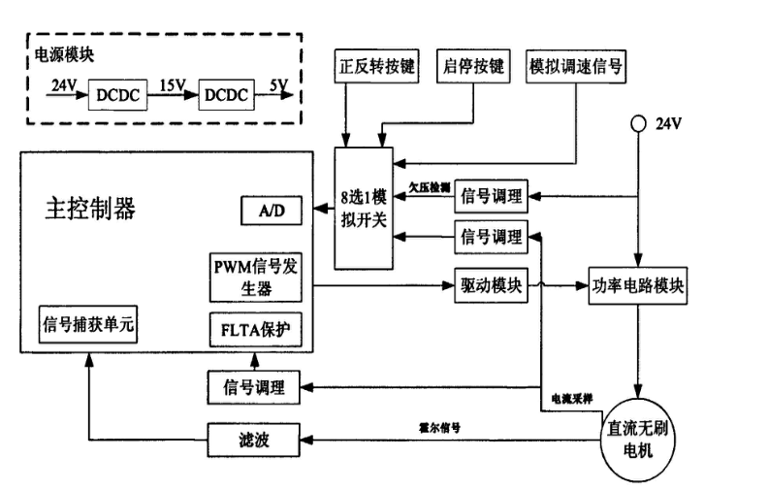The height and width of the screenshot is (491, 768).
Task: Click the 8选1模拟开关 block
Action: (x=362, y=208)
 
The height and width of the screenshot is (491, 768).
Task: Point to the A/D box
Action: (x=271, y=211)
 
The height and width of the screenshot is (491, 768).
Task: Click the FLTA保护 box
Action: (x=256, y=330)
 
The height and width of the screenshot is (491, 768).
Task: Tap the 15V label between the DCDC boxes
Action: (x=173, y=86)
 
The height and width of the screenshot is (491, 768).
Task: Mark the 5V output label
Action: (x=278, y=86)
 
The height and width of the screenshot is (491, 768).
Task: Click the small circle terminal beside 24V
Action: (x=638, y=122)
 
